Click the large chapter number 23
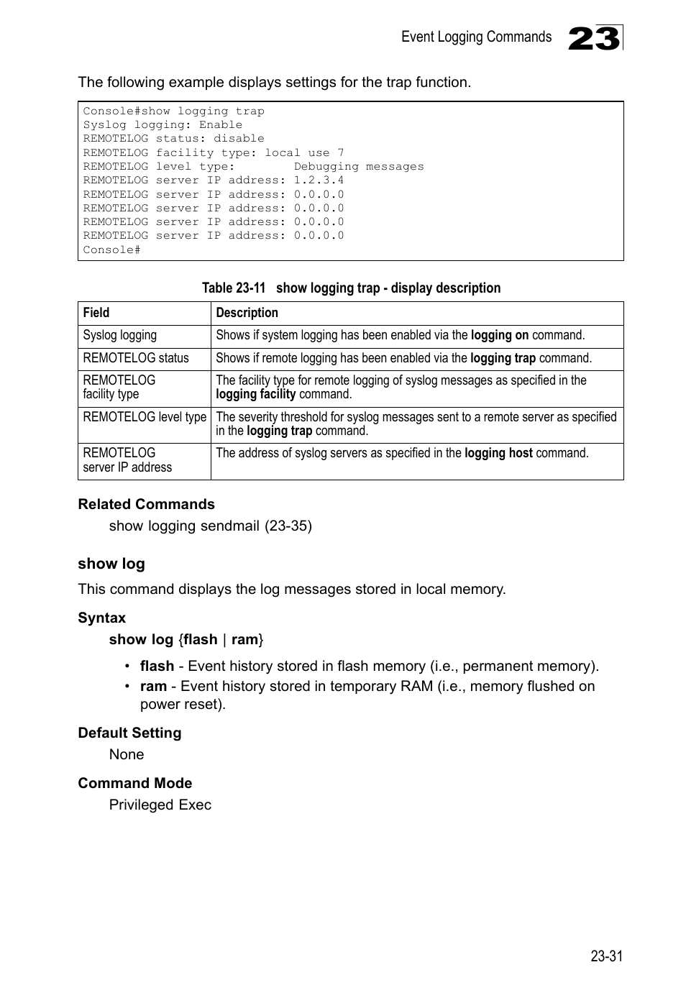coord(594,38)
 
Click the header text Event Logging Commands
coord(476,37)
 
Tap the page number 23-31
coord(606,956)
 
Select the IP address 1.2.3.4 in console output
coord(319,180)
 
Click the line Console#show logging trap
coord(173,111)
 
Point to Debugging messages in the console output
coord(358,167)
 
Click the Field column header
coord(96,313)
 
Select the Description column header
coord(247,313)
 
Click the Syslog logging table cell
coord(119,335)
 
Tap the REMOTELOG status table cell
coord(136,358)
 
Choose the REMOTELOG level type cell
coord(145,417)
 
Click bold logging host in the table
coord(498,453)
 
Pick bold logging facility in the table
coord(255,394)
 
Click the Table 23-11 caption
coord(351,288)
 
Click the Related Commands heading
coord(146,504)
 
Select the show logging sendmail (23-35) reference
coord(210,526)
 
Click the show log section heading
coord(111,564)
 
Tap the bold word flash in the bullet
coord(157,666)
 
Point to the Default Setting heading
coord(129,733)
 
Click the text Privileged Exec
coord(160,805)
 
